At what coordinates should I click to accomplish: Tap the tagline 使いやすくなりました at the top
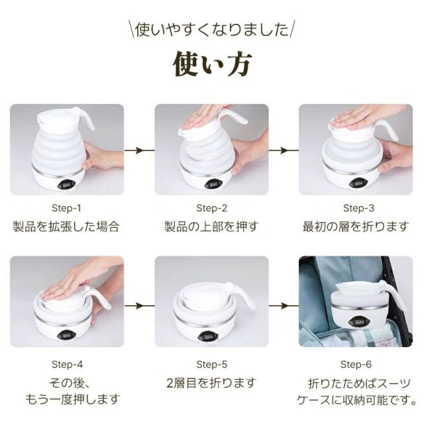coord(212,30)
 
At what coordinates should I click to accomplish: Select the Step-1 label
coord(67,207)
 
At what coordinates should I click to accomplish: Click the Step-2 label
coord(211,207)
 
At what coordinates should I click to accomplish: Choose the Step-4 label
coord(67,364)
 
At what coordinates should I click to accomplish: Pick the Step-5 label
coord(211,364)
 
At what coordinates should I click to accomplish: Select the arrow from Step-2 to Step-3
coord(284,150)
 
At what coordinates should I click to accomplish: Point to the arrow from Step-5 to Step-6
coord(284,306)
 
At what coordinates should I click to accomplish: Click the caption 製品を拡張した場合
coord(67,227)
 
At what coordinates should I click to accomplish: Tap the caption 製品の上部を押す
coord(211,227)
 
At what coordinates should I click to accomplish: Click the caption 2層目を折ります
coord(211,384)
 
